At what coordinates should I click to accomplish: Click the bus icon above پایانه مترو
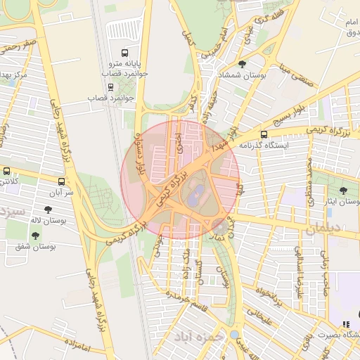(125, 53)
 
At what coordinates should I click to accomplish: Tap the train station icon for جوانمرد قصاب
(110, 87)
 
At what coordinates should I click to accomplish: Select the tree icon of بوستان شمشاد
(242, 65)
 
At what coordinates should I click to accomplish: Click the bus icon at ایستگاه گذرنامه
(264, 134)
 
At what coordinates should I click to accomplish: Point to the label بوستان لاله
(64, 221)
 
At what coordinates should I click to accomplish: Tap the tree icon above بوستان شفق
(35, 236)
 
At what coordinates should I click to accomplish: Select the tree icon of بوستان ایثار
(343, 191)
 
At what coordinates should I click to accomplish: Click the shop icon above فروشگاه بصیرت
(345, 324)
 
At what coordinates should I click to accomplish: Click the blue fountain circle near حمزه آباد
(234, 335)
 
